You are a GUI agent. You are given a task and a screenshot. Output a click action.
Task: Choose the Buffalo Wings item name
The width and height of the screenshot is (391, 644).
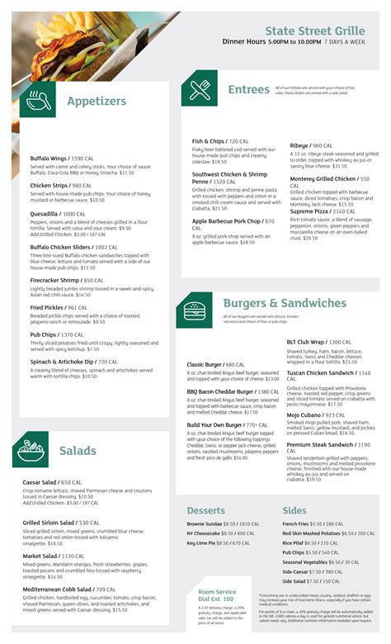pyautogui.click(x=49, y=158)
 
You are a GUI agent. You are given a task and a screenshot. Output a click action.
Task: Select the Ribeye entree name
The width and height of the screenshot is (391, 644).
pyautogui.click(x=299, y=145)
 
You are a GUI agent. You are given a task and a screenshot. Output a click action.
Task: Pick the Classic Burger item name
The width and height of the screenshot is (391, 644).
pyautogui.click(x=205, y=364)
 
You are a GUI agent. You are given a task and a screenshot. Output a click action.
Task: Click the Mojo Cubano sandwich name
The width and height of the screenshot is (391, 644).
pyautogui.click(x=304, y=415)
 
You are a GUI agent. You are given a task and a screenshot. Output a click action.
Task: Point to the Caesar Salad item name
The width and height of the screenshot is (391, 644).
pyautogui.click(x=40, y=481)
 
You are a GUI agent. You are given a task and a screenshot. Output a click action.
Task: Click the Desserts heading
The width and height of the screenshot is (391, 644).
pyautogui.click(x=205, y=510)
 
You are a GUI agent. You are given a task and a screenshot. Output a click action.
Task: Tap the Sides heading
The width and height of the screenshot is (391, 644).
pyautogui.click(x=294, y=510)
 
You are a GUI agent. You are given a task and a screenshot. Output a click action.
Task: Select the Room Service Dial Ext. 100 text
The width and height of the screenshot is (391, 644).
pyautogui.click(x=216, y=595)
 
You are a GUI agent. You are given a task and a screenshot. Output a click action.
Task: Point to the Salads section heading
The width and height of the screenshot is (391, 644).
pyautogui.click(x=78, y=451)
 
